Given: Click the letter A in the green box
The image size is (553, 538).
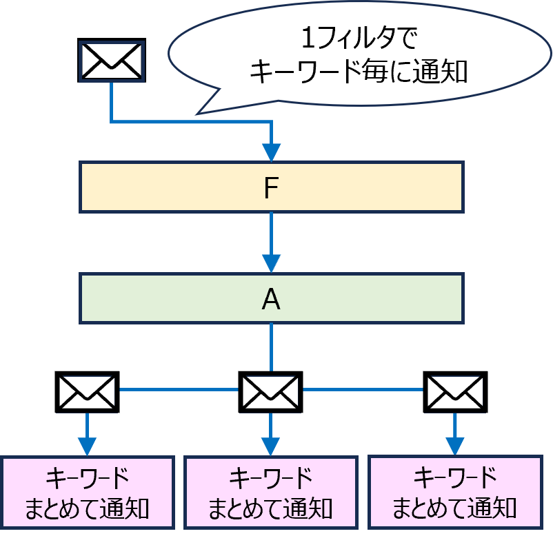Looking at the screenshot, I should point(271,299).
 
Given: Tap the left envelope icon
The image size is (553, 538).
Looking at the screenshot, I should point(87,393).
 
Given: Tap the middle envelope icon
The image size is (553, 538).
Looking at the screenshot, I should point(270,393).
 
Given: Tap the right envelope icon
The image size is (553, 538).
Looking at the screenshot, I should point(454,393).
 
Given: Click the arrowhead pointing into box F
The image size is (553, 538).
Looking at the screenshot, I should point(272,151).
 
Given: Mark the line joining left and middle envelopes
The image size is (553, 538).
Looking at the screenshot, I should point(179,390).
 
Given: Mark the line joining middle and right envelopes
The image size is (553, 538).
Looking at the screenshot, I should point(363,390).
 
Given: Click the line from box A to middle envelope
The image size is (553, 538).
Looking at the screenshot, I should point(271,347).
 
